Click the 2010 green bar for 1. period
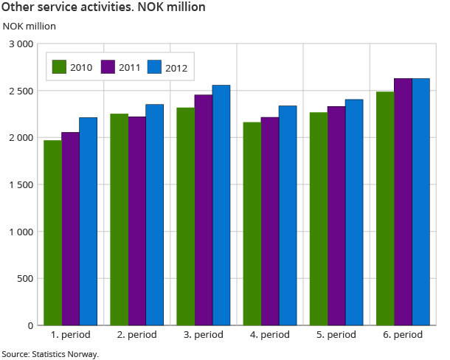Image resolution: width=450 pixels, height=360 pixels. point(52,232)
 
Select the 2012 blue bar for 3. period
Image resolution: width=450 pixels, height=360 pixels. point(221,205)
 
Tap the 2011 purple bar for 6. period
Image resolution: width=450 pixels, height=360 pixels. point(403,201)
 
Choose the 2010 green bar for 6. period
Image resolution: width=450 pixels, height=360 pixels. point(385,208)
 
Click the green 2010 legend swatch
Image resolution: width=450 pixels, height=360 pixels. point(60,68)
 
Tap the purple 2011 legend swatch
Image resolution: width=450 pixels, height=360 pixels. point(108,68)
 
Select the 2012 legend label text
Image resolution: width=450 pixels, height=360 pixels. point(176,68)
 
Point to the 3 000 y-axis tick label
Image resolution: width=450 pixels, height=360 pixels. point(21,44)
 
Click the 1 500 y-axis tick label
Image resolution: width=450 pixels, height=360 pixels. point(21,184)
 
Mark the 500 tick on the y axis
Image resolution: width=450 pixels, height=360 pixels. point(25,278)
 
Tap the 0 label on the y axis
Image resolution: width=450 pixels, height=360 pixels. point(30,325)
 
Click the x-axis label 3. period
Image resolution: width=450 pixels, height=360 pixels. point(204,335)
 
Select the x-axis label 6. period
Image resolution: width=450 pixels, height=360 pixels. point(403,335)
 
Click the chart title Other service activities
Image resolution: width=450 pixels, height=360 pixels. point(103,7)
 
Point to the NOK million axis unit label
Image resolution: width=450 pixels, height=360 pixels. point(30,26)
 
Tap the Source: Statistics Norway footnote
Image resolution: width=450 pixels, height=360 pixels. point(50,354)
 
